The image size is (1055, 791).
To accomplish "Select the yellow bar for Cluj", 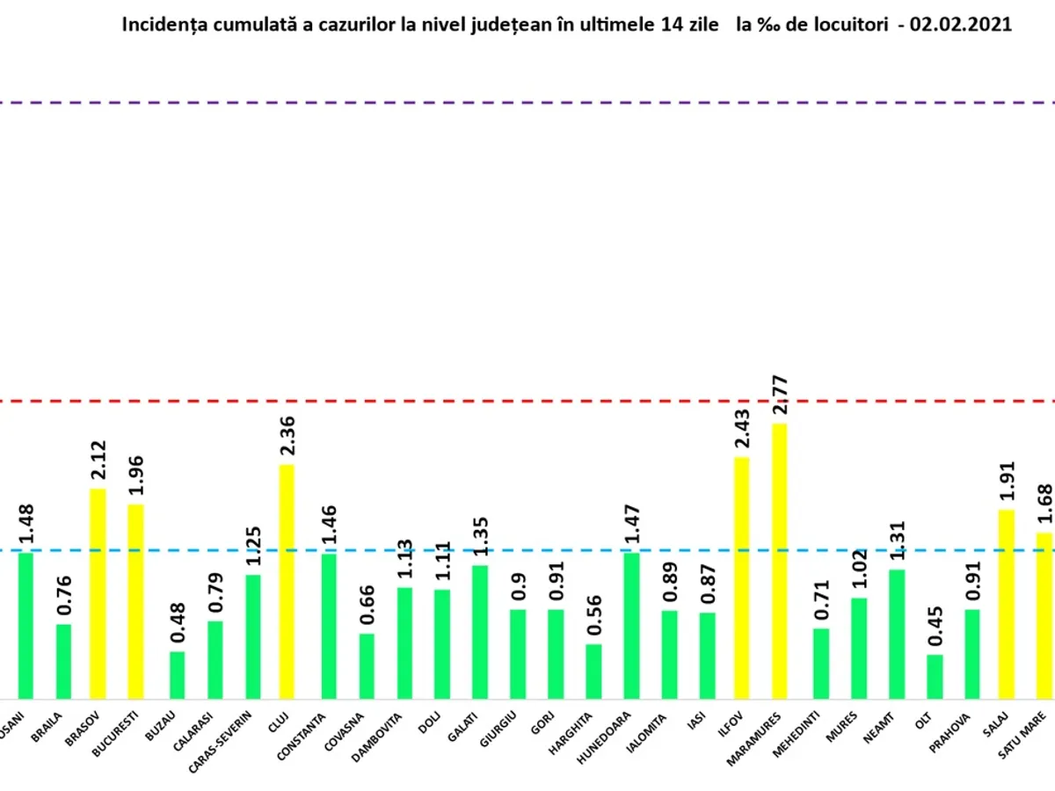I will [287, 580].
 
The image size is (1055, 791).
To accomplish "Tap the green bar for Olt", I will [935, 676].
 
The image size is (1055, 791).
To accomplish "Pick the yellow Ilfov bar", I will [741, 577].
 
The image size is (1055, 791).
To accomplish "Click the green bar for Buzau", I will [178, 674].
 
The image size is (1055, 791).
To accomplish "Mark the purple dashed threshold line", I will [527, 103].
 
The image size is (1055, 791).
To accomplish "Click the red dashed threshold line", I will [527, 401].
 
